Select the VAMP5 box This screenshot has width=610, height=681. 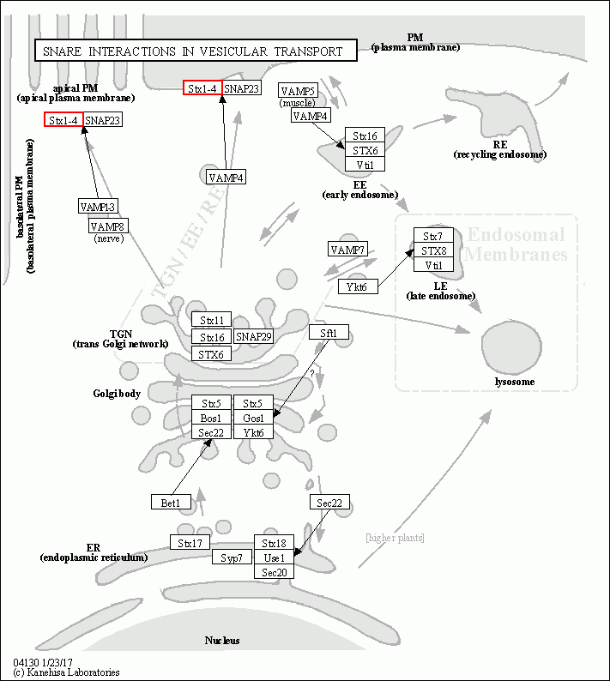[x=299, y=91]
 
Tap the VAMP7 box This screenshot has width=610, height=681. [x=347, y=250]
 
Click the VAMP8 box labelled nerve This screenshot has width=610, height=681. [x=108, y=226]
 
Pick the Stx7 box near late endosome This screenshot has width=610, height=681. [x=433, y=236]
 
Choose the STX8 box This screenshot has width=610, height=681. [x=433, y=250]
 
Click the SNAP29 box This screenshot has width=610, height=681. [x=253, y=337]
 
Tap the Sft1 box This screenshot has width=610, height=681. [x=329, y=333]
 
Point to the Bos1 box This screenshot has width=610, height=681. [x=211, y=418]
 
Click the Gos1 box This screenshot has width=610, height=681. [x=253, y=418]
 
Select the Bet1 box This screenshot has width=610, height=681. [x=170, y=502]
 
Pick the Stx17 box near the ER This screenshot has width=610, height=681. [x=190, y=543]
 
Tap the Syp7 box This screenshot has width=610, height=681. [x=232, y=557]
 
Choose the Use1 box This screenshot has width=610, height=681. [x=274, y=557]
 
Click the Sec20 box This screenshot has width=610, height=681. [x=274, y=572]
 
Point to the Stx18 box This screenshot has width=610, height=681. [x=274, y=543]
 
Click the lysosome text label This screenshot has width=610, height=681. [x=515, y=382]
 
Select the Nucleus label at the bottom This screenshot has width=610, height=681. [x=222, y=641]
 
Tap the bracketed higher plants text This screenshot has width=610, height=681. [x=395, y=538]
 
